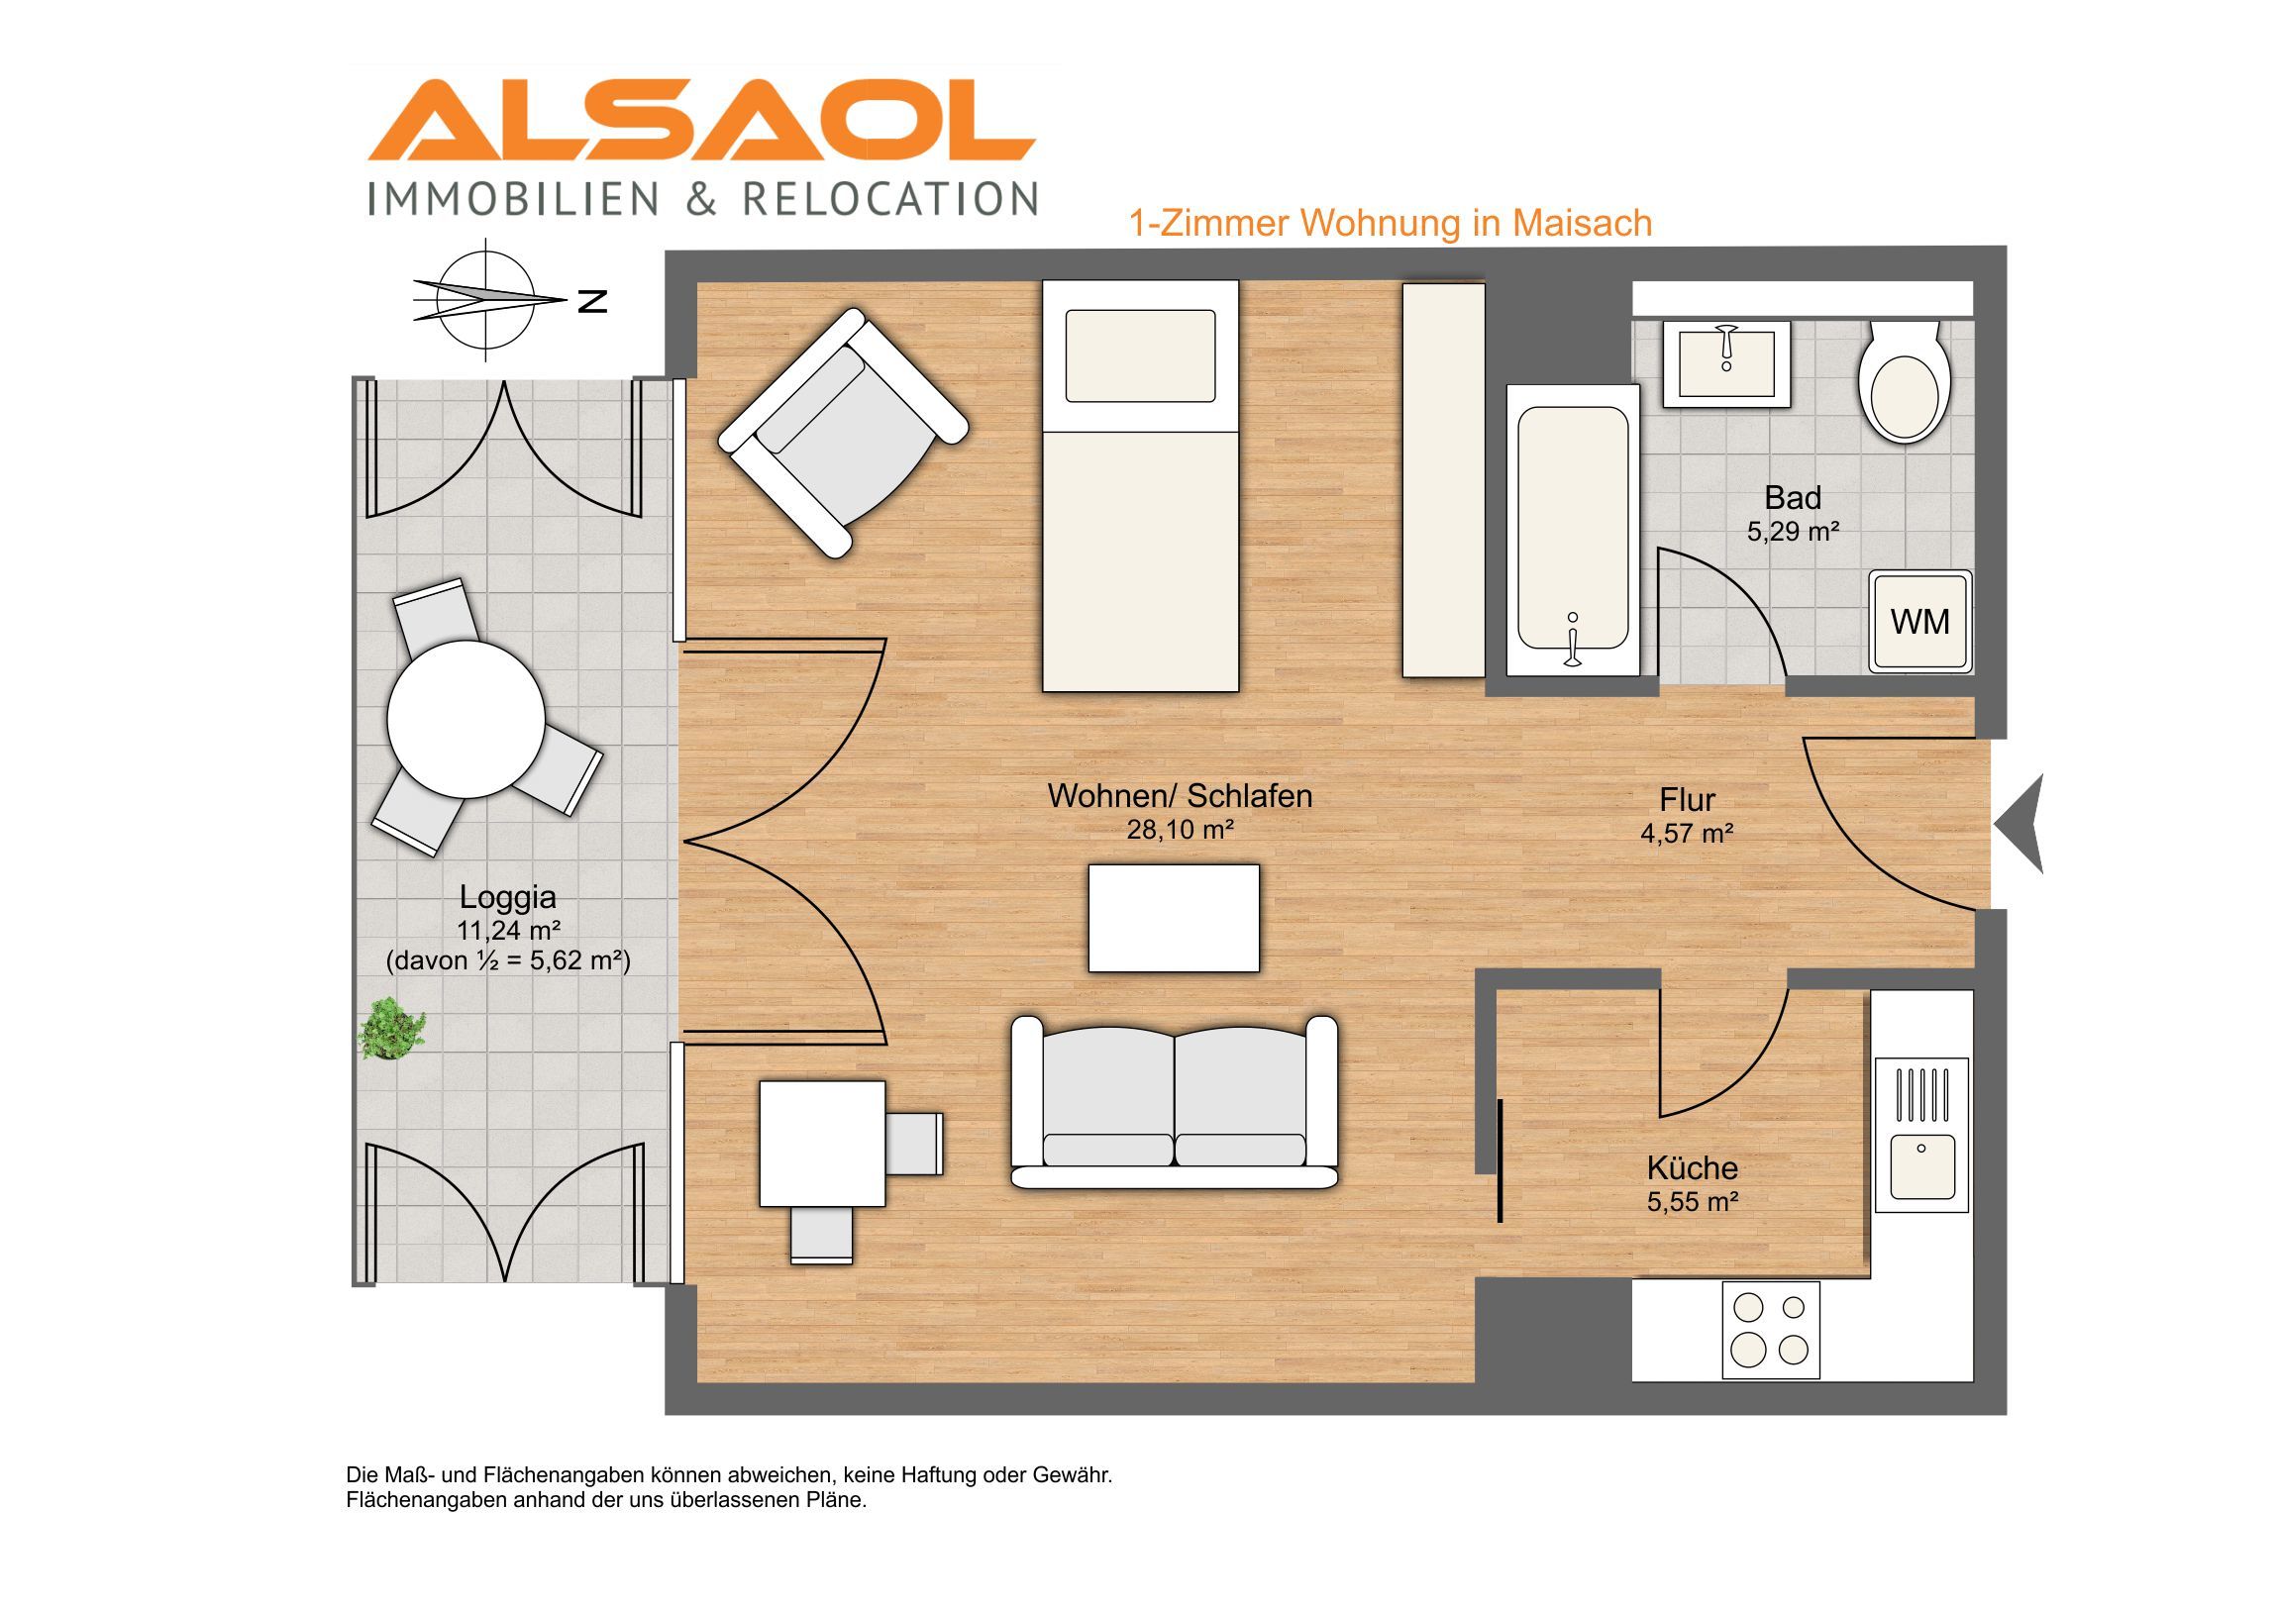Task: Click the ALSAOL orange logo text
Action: (x=701, y=120)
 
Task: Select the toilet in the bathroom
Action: (x=1905, y=381)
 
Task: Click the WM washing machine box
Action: (x=1919, y=621)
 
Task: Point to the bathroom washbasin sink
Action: (x=1726, y=363)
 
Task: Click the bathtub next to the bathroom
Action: (x=1573, y=531)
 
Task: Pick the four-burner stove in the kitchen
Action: (x=1771, y=1329)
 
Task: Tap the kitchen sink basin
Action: (x=1921, y=1166)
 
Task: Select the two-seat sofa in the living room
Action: (x=1174, y=1102)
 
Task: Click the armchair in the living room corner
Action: (x=842, y=433)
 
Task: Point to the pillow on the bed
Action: (x=1140, y=356)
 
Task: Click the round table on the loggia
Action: (x=466, y=719)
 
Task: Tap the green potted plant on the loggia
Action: (x=392, y=1030)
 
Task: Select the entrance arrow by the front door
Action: (x=2020, y=825)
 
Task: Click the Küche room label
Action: (x=1693, y=1167)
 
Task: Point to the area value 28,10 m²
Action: (x=1180, y=830)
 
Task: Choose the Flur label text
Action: (x=1687, y=799)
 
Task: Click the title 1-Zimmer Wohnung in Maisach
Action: (x=1391, y=223)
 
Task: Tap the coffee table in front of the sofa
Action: (x=1174, y=919)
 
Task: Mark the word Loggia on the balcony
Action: (x=507, y=898)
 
